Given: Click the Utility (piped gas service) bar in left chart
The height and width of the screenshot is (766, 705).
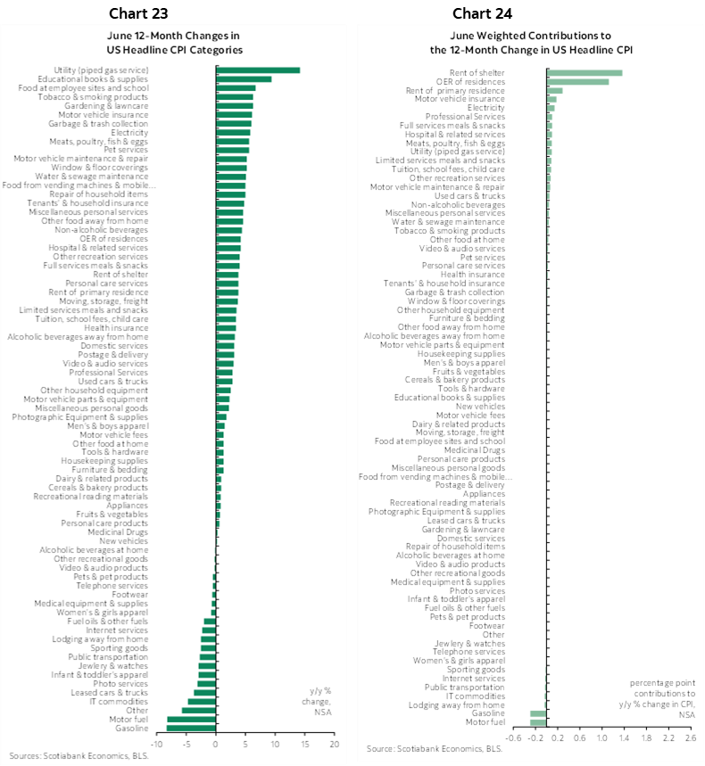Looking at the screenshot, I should (x=257, y=70).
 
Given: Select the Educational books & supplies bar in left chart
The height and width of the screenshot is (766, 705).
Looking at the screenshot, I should (x=243, y=79).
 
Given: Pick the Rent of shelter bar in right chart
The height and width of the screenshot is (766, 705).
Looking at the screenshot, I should (x=584, y=72).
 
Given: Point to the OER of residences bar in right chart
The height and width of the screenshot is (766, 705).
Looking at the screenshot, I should (x=577, y=81).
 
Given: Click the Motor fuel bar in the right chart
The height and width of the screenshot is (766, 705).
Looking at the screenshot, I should (x=538, y=722).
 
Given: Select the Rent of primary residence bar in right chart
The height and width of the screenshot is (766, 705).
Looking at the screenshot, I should (x=554, y=90).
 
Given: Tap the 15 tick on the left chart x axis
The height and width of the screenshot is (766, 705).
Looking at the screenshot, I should (x=304, y=743).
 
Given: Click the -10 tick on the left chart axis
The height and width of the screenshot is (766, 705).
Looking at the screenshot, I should (x=156, y=743).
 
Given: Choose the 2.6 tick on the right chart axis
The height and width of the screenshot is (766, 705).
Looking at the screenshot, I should (x=689, y=738).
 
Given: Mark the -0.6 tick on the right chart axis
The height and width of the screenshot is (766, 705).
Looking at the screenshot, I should (x=514, y=738).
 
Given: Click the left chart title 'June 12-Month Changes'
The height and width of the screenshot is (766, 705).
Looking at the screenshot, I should (x=173, y=36).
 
